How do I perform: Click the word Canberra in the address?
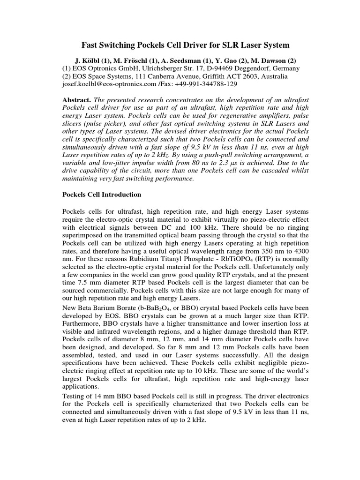pos(163,76)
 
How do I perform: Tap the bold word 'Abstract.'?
pos(77,100)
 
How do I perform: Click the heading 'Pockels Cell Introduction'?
pos(102,194)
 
